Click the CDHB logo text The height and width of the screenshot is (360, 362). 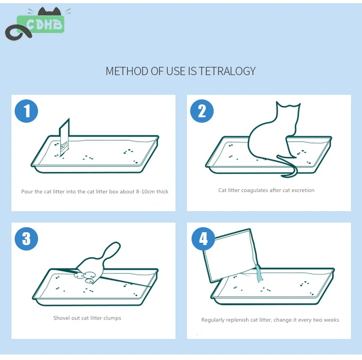(x=44, y=24)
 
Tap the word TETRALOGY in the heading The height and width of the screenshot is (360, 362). (x=227, y=71)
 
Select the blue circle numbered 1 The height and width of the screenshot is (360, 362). (x=26, y=111)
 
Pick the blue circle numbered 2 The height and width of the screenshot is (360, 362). (x=202, y=111)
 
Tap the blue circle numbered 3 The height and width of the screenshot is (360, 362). (x=26, y=239)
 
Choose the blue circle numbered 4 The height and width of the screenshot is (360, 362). (x=203, y=239)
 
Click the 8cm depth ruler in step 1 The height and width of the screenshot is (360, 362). (x=65, y=138)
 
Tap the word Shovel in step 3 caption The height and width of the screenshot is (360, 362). (x=61, y=318)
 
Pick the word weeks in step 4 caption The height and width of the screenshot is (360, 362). (x=331, y=320)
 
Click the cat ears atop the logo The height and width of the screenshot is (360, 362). (x=49, y=11)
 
